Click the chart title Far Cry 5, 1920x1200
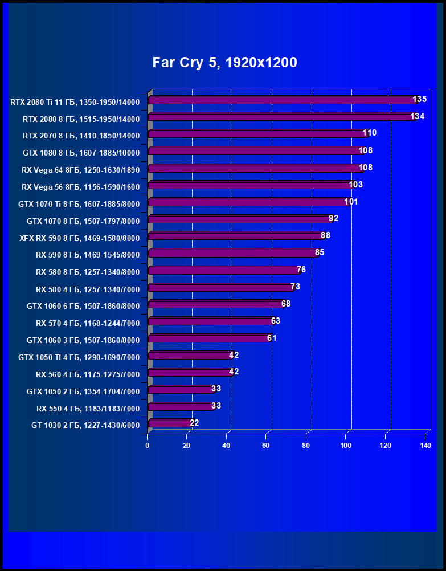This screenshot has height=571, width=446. (x=224, y=63)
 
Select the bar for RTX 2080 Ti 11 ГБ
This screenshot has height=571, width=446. (x=282, y=100)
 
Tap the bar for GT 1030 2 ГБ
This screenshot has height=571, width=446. (x=169, y=423)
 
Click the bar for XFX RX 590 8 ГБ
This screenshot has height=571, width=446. (x=236, y=236)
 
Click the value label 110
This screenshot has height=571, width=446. (x=370, y=133)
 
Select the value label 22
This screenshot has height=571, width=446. (x=194, y=423)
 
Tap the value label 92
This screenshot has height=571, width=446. (x=334, y=219)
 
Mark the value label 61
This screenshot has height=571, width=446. (x=272, y=338)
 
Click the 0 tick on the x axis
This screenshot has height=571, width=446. (x=148, y=446)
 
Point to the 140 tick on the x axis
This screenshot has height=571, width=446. (x=425, y=446)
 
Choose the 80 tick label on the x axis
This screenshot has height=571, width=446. (x=306, y=446)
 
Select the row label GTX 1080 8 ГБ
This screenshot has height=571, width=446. (x=81, y=153)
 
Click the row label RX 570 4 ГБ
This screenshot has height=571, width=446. (x=88, y=323)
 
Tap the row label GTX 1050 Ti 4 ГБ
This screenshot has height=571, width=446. (x=83, y=357)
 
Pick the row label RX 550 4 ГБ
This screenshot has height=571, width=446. (x=88, y=408)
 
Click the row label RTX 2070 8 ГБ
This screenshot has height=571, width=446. (x=81, y=136)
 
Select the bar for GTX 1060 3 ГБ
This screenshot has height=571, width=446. (x=208, y=338)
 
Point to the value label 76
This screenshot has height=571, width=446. (x=301, y=270)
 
